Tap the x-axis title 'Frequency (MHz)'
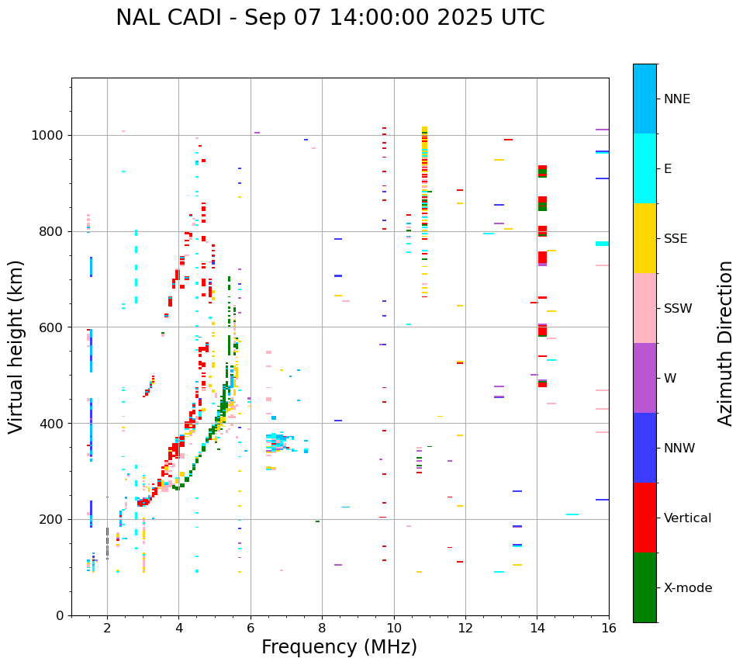click(x=339, y=647)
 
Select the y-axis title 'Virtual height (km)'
click(x=16, y=346)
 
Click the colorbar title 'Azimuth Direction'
click(x=725, y=343)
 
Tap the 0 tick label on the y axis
click(x=60, y=615)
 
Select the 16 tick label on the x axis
click(x=609, y=627)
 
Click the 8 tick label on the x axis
click(x=322, y=627)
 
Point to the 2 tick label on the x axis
click(x=107, y=627)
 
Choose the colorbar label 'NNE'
click(x=676, y=99)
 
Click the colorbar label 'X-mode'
click(x=687, y=588)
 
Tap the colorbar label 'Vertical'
click(x=687, y=518)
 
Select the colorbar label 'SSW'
click(x=677, y=309)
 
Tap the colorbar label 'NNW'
click(x=679, y=449)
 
